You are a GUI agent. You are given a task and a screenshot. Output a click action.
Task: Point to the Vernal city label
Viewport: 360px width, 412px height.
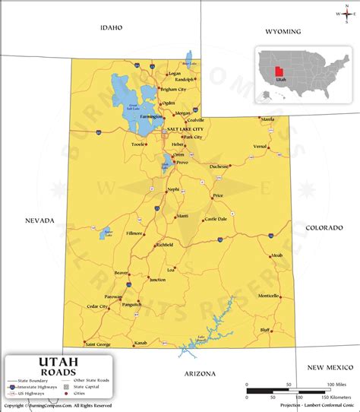(261, 146)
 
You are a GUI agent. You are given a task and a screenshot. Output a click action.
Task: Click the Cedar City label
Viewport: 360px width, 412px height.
(97, 306)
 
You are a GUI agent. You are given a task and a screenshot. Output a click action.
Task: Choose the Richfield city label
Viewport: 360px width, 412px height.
(165, 245)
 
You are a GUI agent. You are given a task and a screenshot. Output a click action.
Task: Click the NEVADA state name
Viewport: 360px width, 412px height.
(39, 220)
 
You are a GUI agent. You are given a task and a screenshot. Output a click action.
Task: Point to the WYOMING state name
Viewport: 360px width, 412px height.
(283, 31)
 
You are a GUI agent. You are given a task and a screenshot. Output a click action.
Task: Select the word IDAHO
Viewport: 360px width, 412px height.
(111, 27)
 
